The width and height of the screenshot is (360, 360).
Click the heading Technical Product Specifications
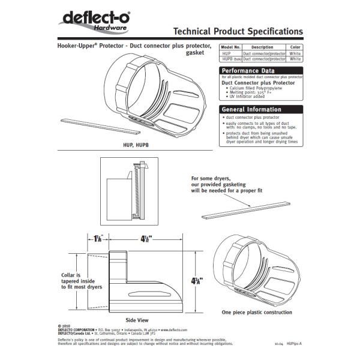pyautogui.click(x=238, y=31)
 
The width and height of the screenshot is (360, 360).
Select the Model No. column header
pyautogui.click(x=230, y=47)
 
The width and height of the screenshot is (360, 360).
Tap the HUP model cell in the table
pyautogui.click(x=227, y=53)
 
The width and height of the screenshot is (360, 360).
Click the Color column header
pyautogui.click(x=295, y=47)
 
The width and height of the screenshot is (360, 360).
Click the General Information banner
pyautogui.click(x=251, y=109)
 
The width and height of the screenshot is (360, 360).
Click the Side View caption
pyautogui.click(x=137, y=320)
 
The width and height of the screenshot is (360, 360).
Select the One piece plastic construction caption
pyautogui.click(x=256, y=313)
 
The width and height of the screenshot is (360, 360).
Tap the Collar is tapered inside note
pyautogui.click(x=80, y=281)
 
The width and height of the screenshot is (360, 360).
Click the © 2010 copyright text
pyautogui.click(x=65, y=326)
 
